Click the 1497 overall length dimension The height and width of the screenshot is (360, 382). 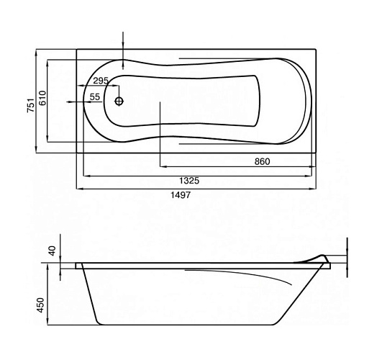pyautogui.click(x=181, y=195)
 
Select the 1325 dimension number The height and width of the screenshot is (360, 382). pyautogui.click(x=189, y=181)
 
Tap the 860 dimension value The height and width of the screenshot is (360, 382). pyautogui.click(x=262, y=161)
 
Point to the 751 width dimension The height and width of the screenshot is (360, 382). pyautogui.click(x=30, y=105)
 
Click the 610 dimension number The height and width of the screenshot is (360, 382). pyautogui.click(x=42, y=98)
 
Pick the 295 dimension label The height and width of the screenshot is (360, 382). pyautogui.click(x=101, y=81)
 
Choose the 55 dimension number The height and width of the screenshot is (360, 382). pyautogui.click(x=95, y=96)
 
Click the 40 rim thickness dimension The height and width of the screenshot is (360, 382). pyautogui.click(x=53, y=251)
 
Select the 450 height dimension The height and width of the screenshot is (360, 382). pyautogui.click(x=40, y=305)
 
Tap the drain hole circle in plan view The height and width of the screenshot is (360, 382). pyautogui.click(x=119, y=101)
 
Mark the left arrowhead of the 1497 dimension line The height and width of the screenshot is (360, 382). pyautogui.click(x=80, y=189)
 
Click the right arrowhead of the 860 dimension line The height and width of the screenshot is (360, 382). pyautogui.click(x=312, y=167)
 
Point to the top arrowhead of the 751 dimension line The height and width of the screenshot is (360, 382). pyautogui.click(x=36, y=53)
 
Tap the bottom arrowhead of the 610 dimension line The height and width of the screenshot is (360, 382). pyautogui.click(x=47, y=138)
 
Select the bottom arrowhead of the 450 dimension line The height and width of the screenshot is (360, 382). pyautogui.click(x=47, y=321)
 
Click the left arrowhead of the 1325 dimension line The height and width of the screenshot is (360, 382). pyautogui.click(x=86, y=176)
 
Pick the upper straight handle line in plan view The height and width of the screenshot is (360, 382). pyautogui.click(x=228, y=58)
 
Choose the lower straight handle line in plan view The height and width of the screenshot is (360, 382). pyautogui.click(x=228, y=144)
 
